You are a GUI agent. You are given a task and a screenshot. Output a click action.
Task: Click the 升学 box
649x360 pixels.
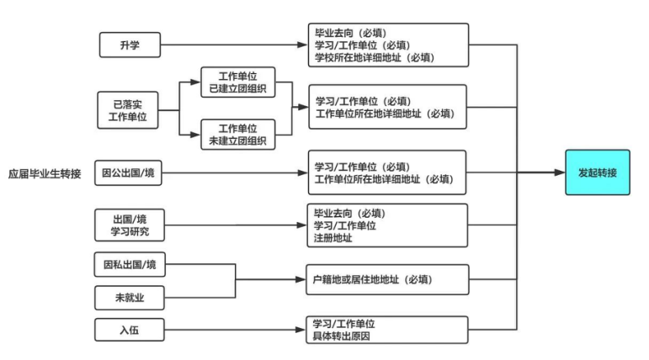[x=130, y=45]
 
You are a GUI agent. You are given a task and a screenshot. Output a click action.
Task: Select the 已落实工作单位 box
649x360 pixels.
[x=128, y=110]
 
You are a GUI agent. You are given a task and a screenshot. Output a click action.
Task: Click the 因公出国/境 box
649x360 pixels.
[x=128, y=173]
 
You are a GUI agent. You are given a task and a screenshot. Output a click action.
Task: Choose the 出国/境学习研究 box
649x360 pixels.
[x=128, y=225]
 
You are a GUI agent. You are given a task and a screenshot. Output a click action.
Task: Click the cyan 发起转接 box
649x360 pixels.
[x=597, y=172]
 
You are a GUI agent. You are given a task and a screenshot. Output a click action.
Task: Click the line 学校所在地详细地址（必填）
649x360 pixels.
[x=368, y=58]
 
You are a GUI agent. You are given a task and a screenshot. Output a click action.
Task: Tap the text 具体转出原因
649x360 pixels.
[x=341, y=337]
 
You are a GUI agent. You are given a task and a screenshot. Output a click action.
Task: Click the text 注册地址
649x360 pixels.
[x=333, y=238]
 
